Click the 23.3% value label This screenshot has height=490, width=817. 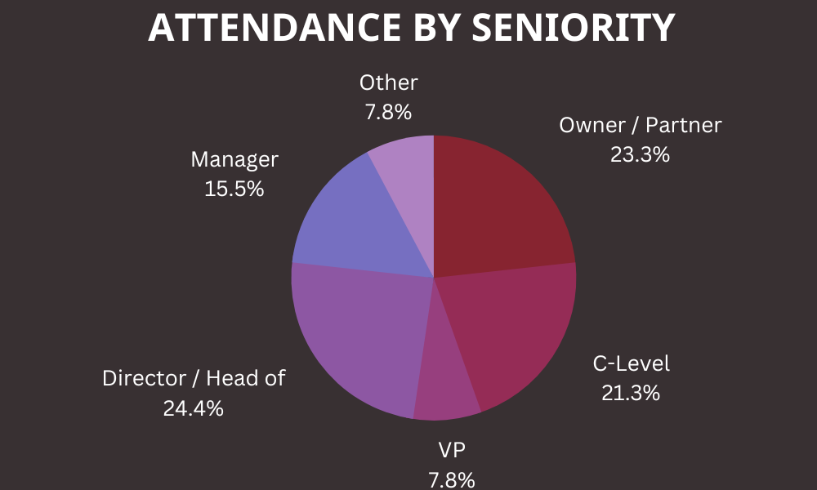(640, 154)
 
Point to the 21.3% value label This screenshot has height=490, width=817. (630, 393)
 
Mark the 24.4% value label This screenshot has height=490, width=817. (193, 408)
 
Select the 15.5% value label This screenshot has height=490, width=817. (234, 189)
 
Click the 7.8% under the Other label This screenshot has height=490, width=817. (388, 111)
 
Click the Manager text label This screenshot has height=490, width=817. (234, 159)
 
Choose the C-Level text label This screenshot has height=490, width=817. (631, 364)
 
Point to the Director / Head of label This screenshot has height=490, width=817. (194, 379)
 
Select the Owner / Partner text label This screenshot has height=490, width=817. (641, 125)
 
